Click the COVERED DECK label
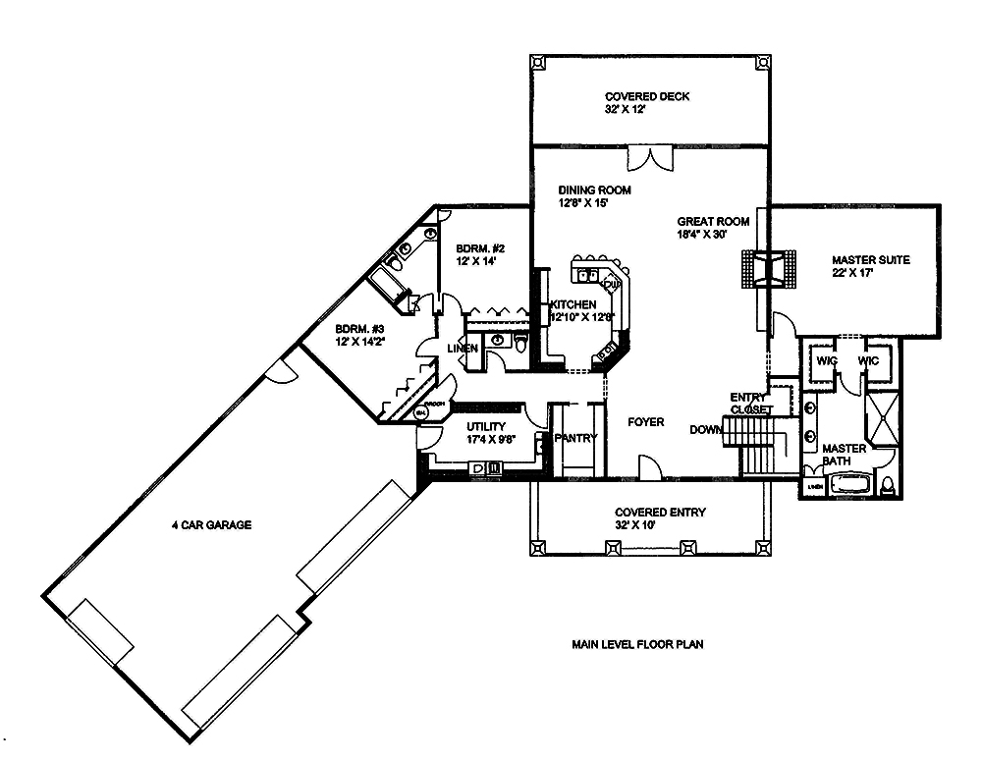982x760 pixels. [646, 96]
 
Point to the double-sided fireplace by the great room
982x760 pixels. [766, 268]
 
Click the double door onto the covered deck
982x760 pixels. [650, 157]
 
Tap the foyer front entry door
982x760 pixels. [649, 468]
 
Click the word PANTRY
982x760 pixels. [575, 438]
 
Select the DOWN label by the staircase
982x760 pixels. [704, 430]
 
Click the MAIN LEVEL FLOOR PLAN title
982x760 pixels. [637, 645]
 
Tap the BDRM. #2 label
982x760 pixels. [475, 248]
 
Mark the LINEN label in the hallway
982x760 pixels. [462, 349]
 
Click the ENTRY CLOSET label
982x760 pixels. [749, 403]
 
